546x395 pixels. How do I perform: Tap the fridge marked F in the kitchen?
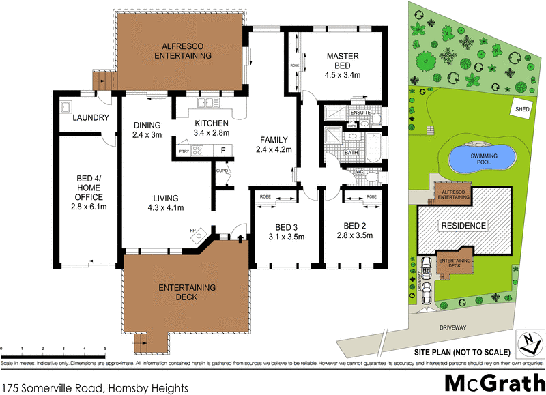pyautogui.click(x=222, y=151)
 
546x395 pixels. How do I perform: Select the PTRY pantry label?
pyautogui.click(x=183, y=151)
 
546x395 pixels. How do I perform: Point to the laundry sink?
pyautogui.click(x=67, y=107)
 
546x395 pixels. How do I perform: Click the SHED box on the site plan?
pyautogui.click(x=523, y=107)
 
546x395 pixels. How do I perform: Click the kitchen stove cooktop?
pyautogui.click(x=198, y=151)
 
